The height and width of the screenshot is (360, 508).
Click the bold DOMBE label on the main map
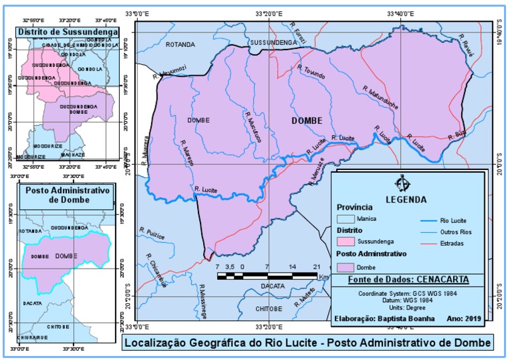coord(307,121)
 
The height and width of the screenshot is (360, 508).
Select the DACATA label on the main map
coord(273,287)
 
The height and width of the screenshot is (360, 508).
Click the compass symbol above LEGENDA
coord(401,183)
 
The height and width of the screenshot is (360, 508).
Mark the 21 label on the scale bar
coord(317,266)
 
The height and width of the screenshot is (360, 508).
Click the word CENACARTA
coord(445,280)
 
